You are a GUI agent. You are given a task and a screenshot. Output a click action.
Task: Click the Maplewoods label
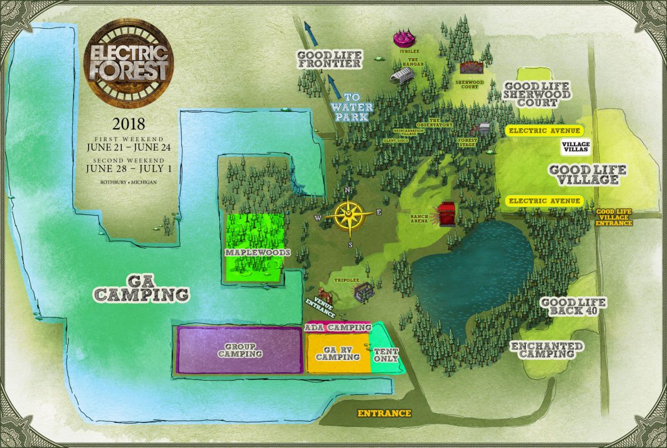coord(254,252)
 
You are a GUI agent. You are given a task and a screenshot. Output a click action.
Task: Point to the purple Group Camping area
coord(240,350)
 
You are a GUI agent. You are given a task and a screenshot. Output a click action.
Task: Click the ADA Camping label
coord(337,327)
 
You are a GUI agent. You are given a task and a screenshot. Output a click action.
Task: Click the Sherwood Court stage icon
coord(472,67)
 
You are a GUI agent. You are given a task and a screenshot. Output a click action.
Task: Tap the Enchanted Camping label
coord(547,350)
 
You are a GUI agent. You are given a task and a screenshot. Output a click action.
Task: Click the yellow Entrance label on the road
coord(384,413)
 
